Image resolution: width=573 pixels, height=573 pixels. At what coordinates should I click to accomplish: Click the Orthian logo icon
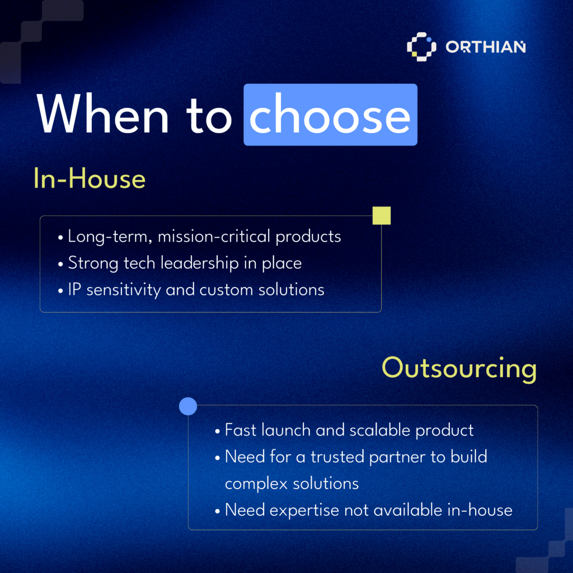[x=421, y=47]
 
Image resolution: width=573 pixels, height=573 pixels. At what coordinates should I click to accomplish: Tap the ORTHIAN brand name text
[x=485, y=47]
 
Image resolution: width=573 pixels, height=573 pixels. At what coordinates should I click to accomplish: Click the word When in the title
[x=103, y=113]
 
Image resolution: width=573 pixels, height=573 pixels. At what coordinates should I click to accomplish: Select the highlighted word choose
[x=330, y=114]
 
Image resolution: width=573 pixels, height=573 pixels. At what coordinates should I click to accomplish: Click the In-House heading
[x=90, y=179]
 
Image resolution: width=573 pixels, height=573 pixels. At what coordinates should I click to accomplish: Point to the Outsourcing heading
[x=459, y=369]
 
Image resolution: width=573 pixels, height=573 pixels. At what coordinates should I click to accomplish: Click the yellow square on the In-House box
[x=382, y=215]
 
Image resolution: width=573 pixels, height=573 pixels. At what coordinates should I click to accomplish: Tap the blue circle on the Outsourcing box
[x=188, y=406]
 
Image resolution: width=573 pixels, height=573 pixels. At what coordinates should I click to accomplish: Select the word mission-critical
[x=214, y=237]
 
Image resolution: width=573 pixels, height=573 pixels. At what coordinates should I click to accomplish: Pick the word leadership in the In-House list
[x=200, y=264]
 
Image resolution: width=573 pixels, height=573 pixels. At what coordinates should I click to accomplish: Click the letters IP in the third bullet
[x=74, y=289]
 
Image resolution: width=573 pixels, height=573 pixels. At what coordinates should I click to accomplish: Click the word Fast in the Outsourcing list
[x=241, y=430]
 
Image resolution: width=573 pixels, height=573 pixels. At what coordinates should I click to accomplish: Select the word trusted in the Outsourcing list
[x=337, y=457]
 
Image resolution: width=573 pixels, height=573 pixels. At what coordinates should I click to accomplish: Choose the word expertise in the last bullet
[x=304, y=510]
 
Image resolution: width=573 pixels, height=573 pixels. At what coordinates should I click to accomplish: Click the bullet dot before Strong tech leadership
[x=60, y=264]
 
